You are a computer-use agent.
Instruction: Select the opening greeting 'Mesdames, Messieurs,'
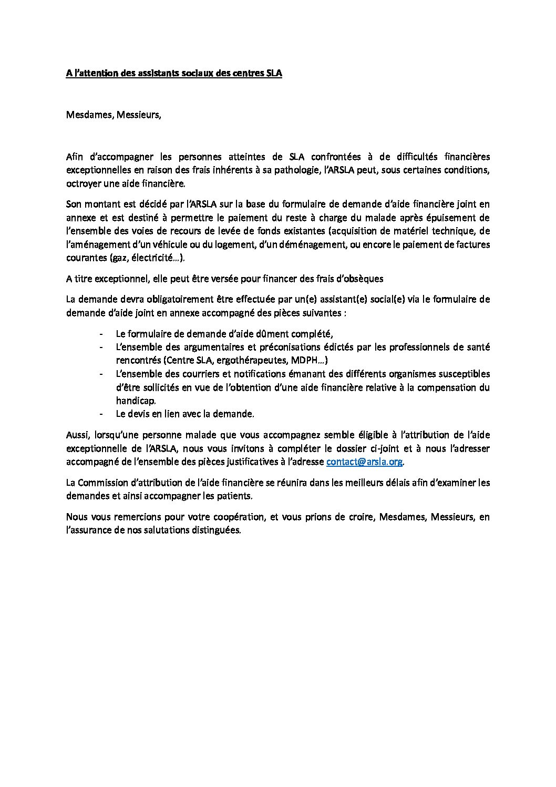click(x=114, y=115)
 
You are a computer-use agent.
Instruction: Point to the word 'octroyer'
click(x=83, y=183)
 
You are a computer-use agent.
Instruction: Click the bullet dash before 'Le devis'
click(x=101, y=414)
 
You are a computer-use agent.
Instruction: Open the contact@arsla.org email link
click(x=365, y=462)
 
